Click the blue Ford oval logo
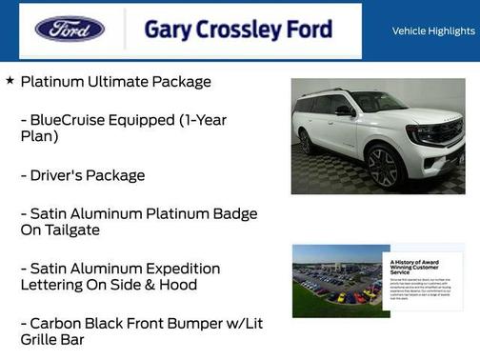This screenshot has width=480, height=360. [x=70, y=30]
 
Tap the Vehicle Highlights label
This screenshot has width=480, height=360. [x=433, y=30]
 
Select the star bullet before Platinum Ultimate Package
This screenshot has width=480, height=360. [x=10, y=81]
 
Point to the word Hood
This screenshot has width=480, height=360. [x=176, y=285]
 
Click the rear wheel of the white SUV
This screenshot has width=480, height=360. [x=307, y=141]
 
